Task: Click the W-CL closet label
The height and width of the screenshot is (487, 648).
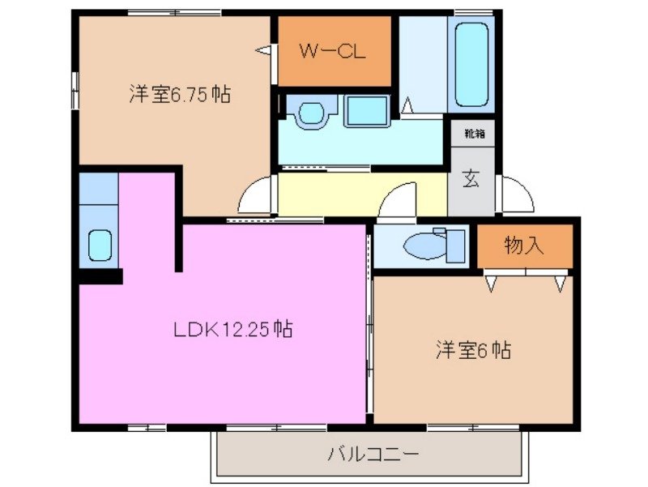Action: (333, 52)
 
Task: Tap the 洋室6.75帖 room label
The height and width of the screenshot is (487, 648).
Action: (179, 95)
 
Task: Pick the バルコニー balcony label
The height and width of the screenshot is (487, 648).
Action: (373, 454)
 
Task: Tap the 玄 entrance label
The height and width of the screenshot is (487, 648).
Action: (471, 179)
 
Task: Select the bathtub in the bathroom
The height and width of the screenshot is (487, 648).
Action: (472, 64)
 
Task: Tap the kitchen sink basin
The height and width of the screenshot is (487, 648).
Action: (100, 245)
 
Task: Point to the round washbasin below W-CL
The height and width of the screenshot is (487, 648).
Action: (308, 113)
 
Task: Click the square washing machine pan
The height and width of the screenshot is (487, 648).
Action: (366, 111)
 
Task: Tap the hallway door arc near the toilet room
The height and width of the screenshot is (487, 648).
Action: (399, 200)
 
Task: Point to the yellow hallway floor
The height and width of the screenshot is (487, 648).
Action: (340, 194)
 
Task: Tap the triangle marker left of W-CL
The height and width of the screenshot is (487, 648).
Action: (264, 51)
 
